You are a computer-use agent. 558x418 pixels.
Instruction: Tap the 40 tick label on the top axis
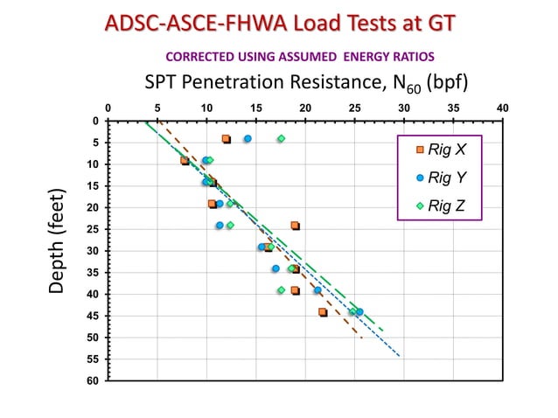503,108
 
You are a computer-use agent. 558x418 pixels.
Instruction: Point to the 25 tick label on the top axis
355,108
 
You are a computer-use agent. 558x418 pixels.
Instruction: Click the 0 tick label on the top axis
108,108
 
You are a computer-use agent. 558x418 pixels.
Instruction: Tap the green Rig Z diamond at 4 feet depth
281,139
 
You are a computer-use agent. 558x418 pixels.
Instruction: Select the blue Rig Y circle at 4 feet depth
248,139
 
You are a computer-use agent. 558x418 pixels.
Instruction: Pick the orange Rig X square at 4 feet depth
226,139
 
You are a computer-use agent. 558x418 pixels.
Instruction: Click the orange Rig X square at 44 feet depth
323,311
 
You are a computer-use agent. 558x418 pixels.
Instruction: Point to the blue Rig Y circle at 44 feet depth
359,311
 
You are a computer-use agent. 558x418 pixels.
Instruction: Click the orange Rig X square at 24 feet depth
295,226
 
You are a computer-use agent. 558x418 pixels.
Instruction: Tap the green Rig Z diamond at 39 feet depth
281,290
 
